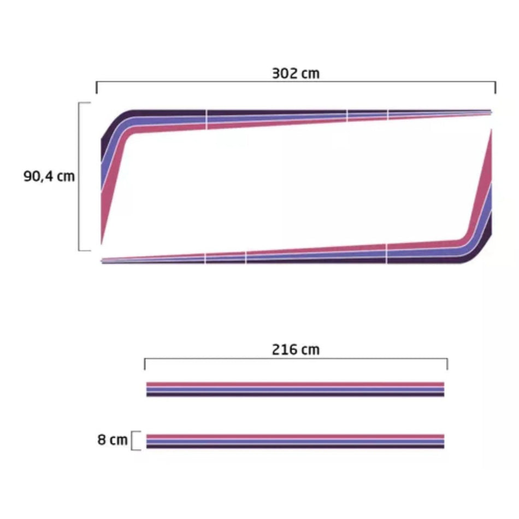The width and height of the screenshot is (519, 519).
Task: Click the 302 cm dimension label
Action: (x=296, y=74)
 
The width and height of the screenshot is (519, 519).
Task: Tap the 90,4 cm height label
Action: (x=49, y=176)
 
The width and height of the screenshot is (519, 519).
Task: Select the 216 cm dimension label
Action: (x=296, y=350)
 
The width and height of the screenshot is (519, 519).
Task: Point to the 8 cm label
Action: (x=112, y=440)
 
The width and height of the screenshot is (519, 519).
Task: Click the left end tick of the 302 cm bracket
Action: (x=96, y=87)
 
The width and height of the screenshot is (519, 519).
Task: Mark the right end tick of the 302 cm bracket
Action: (x=496, y=87)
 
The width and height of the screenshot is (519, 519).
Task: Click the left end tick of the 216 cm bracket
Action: (x=145, y=364)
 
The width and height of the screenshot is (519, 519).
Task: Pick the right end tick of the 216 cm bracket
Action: (x=447, y=364)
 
